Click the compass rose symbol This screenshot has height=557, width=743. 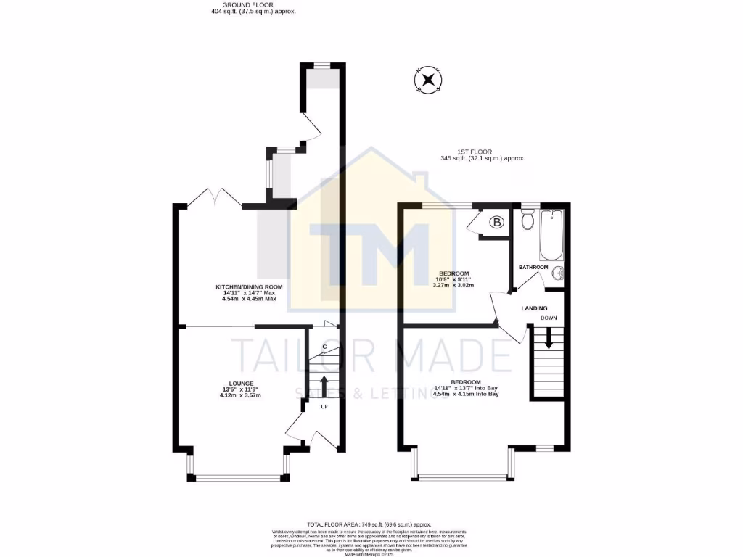coord(428,80)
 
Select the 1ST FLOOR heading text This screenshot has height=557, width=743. coord(480,152)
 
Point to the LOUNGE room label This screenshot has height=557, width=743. coord(242,382)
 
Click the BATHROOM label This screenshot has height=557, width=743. coord(533,268)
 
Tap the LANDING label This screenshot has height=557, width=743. coord(534,308)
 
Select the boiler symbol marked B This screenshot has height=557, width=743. coord(498,223)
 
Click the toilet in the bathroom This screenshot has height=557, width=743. coord(528,218)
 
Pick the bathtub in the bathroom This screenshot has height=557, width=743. coord(551,235)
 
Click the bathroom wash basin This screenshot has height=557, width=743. coord(557,273)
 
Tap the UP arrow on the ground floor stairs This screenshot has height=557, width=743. coord(324,384)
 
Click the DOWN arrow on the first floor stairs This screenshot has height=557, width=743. coord(549,338)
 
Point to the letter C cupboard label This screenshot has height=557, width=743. coord(324,347)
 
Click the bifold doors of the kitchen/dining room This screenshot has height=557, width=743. coord(215,197)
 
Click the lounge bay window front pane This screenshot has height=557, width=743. coord(238,478)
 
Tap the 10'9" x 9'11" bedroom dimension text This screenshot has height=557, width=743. coord(455,279)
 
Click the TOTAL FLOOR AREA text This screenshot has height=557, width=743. coord(369,524)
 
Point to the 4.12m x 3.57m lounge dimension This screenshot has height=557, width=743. coord(242,395)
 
